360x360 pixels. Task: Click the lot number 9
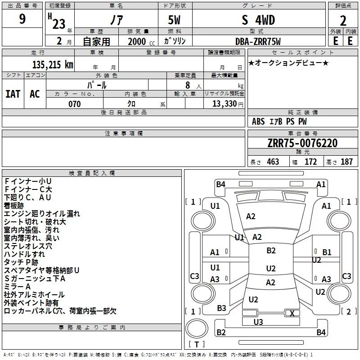(22, 19)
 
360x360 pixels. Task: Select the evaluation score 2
(343, 21)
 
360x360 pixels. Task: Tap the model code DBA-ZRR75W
(258, 41)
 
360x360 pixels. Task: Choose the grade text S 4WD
(258, 20)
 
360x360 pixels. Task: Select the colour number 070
(74, 104)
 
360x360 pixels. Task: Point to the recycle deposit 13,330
(224, 104)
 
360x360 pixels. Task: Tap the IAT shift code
(13, 94)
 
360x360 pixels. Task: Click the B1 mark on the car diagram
(327, 252)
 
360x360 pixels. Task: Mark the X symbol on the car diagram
(292, 314)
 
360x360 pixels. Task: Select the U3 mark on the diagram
(258, 322)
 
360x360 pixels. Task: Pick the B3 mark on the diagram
(221, 308)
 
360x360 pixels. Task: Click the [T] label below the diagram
(197, 345)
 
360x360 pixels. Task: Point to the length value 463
(272, 162)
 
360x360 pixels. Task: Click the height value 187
(346, 162)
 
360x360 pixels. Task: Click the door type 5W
(175, 20)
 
